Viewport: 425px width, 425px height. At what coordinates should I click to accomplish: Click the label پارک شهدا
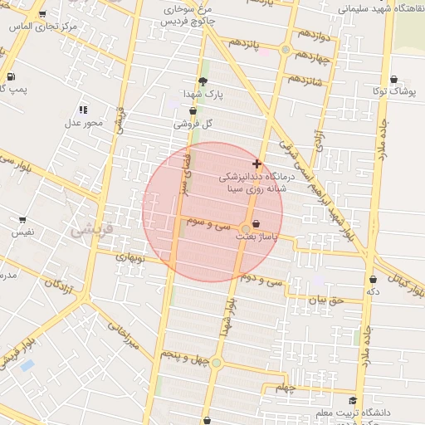coord(203,95)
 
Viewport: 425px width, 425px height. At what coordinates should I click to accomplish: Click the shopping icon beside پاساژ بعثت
coord(256,224)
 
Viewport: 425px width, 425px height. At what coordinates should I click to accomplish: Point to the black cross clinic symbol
coord(256,164)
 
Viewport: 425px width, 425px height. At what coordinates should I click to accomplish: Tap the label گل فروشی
coord(193,124)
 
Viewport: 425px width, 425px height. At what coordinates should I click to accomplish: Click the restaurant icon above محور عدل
coord(83,110)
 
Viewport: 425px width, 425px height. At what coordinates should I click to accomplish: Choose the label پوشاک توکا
coord(392,90)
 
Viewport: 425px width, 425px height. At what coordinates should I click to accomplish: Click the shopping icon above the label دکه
coord(372,279)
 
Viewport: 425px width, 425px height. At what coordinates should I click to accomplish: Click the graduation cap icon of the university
coord(353,400)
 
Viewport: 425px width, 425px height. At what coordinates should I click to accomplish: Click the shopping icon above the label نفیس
coord(22,220)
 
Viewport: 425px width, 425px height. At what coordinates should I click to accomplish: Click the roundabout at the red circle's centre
coord(246,228)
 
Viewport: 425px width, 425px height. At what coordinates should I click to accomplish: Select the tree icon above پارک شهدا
coord(203,81)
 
